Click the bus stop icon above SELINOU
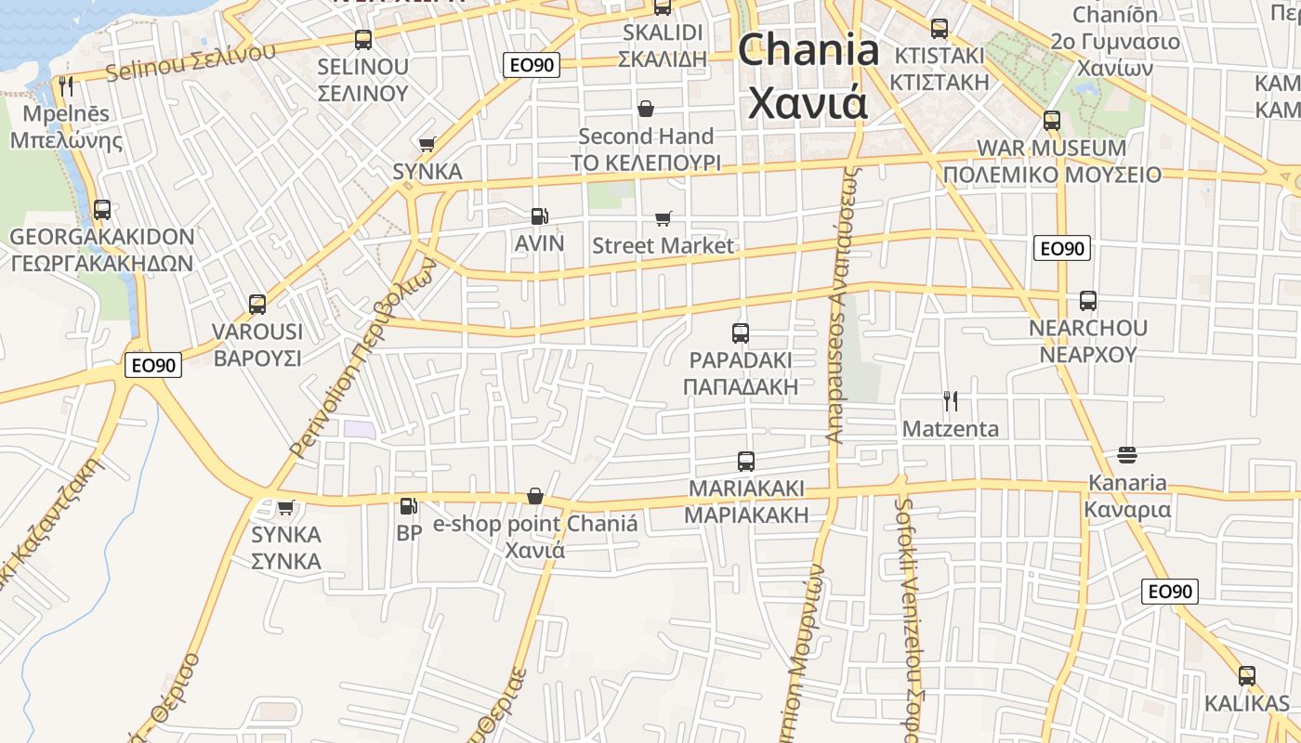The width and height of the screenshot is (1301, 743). click(x=362, y=40)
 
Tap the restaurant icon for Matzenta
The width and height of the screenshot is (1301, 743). click(x=950, y=401)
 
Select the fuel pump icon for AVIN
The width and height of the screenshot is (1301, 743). click(x=539, y=216)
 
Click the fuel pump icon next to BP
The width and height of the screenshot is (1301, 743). click(x=408, y=506)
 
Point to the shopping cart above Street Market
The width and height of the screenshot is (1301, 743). click(x=663, y=219)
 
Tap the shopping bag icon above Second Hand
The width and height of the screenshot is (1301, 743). click(x=646, y=109)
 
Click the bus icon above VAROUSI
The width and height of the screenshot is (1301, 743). click(x=257, y=304)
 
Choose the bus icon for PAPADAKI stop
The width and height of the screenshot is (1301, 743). click(x=741, y=332)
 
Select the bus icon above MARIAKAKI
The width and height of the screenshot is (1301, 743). click(x=745, y=461)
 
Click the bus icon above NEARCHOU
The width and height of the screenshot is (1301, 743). click(x=1088, y=301)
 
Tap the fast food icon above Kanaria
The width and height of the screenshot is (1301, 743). click(x=1127, y=455)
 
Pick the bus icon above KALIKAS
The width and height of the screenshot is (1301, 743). click(x=1247, y=676)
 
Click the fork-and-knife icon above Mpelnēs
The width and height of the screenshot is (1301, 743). click(x=65, y=86)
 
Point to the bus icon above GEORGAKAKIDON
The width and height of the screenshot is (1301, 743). click(x=102, y=210)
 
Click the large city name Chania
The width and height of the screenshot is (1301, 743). click(x=808, y=50)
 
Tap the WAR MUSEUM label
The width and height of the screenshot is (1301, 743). click(x=1051, y=149)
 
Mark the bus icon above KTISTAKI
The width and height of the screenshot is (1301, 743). click(x=939, y=29)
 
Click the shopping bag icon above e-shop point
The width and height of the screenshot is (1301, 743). click(x=535, y=497)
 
